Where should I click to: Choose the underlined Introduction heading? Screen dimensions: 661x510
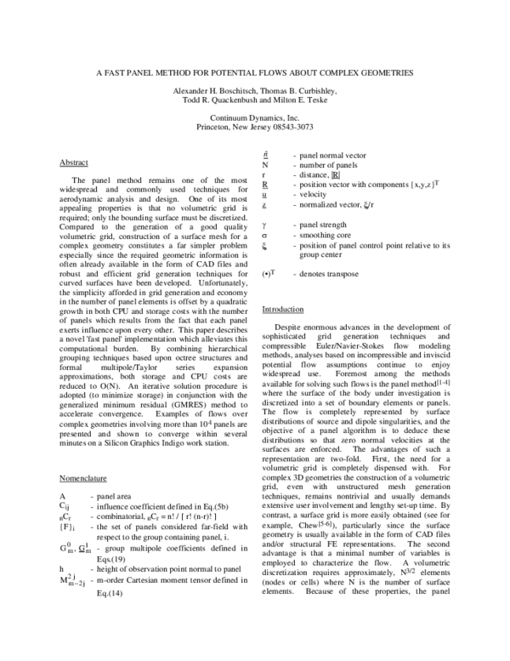[x=283, y=310]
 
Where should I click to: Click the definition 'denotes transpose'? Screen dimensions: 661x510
[x=326, y=274]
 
